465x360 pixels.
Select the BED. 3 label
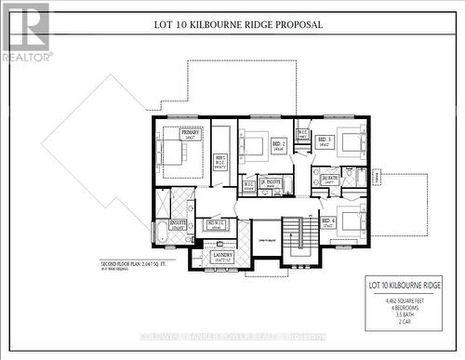pos(325,142)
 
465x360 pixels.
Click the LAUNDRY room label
pos(221,256)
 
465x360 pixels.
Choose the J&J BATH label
pos(329,177)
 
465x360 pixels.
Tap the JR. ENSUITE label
pos(269,184)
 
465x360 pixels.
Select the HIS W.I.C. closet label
pos(215,224)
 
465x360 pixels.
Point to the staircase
pos(295,236)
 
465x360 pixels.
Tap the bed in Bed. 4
pos(349,221)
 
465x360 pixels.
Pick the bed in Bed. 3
pos(349,141)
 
